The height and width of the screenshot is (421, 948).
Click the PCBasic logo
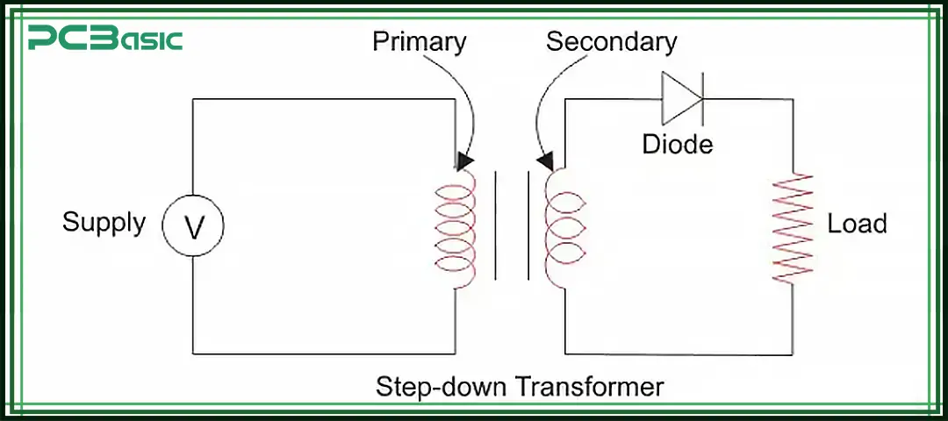pos(105,39)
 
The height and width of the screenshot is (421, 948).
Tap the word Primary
pos(420,42)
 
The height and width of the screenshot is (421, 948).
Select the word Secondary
pos(612,42)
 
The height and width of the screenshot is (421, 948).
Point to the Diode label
pos(678,144)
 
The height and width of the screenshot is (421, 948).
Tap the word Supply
pos(104,223)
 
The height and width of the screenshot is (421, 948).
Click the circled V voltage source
pos(193,226)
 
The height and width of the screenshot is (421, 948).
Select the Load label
pos(857,225)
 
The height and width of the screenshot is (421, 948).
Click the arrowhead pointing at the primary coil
pos(465,161)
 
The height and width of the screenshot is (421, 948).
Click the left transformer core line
pos(496,226)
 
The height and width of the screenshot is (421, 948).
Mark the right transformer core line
pos(528,226)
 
